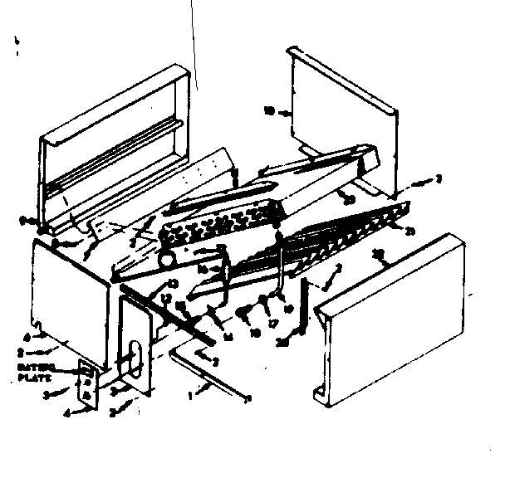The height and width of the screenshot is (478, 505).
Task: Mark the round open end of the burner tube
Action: tap(169, 259)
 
